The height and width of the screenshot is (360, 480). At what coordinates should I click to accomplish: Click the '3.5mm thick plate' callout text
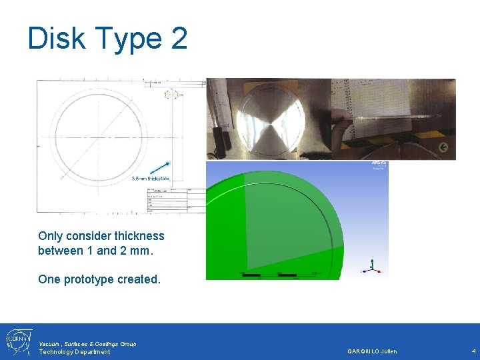click(151, 179)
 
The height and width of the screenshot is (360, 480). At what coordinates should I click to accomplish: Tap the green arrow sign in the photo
click(443, 147)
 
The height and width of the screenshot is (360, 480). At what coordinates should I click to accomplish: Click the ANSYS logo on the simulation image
click(378, 164)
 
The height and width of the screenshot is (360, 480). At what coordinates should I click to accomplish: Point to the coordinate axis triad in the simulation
click(372, 268)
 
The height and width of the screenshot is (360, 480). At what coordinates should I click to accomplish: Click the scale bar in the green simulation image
click(280, 274)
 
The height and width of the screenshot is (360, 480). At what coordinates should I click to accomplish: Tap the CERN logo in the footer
click(16, 341)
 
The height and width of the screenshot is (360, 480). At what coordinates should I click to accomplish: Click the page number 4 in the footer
click(473, 351)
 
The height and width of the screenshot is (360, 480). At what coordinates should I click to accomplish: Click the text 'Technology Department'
click(75, 352)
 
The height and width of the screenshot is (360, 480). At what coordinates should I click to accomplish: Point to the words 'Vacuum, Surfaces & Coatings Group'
click(87, 343)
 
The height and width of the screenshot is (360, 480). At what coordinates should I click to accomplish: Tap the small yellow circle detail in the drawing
click(172, 95)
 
